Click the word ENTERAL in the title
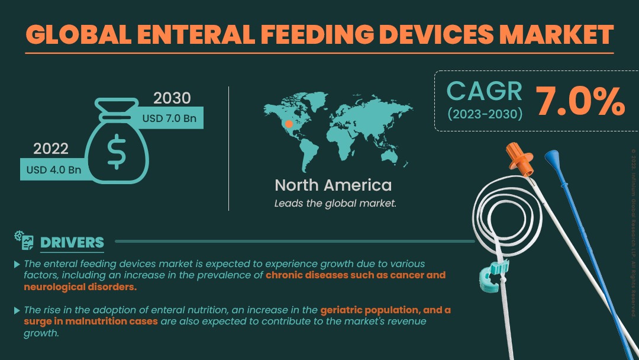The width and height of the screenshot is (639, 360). coord(196,34)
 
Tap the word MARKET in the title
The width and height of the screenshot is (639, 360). coord(556,34)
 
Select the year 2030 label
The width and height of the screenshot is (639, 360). coord(172,98)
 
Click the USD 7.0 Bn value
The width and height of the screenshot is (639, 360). coord(169,118)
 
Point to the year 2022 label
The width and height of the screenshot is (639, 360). coord(50,149)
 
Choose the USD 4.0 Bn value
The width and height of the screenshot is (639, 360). coord(54,169)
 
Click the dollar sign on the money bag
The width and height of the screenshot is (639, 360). coord(117,151)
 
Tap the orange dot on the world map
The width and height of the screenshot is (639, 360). coord(289,124)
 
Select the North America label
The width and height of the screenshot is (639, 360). coord(333,185)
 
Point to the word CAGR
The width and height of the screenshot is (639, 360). coord(484,91)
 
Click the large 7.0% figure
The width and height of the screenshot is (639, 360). coord(579,101)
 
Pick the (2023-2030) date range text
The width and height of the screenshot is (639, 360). coord(485,114)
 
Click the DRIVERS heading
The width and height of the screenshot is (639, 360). coord(72,243)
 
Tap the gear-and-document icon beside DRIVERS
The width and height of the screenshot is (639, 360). coord(24,240)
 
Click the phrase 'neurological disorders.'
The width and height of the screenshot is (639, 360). coord(80,287)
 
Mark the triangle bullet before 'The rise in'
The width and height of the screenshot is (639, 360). coord(17,311)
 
